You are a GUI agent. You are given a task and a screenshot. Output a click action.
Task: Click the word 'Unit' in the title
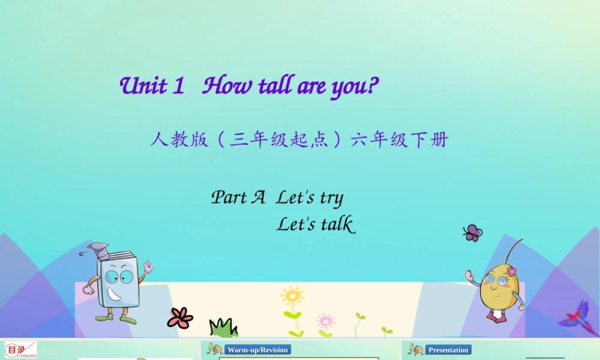coord(143,86)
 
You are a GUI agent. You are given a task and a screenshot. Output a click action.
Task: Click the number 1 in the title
coord(178,86)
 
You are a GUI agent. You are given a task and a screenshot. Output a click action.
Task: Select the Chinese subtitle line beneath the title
coord(299,140)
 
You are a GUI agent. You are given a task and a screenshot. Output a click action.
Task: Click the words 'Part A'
coord(238,197)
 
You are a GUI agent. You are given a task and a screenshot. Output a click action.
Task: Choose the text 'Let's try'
coord(310,198)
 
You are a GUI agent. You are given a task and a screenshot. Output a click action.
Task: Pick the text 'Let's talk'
coord(316,224)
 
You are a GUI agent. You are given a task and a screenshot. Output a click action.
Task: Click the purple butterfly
coord(473,233)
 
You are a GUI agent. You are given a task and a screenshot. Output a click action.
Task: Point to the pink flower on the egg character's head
coord(511,271)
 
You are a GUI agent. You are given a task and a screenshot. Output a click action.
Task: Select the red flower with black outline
coord(180,317)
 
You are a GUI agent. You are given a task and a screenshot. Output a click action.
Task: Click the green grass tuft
coord(223,328)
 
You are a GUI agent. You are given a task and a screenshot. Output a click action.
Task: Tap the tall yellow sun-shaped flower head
coord(292,296)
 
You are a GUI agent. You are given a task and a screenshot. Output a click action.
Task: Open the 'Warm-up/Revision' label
coord(258,350)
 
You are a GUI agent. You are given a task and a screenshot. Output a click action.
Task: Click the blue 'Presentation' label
coord(448,350)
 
